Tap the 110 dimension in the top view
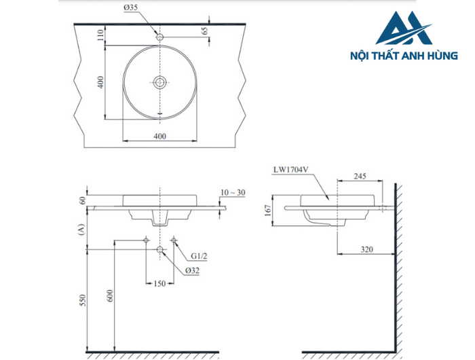click(100, 35)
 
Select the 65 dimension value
click(204, 31)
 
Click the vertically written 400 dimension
click(100, 82)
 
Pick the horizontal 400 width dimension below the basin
click(160, 136)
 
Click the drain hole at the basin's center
click(160, 82)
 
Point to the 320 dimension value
click(367, 249)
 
